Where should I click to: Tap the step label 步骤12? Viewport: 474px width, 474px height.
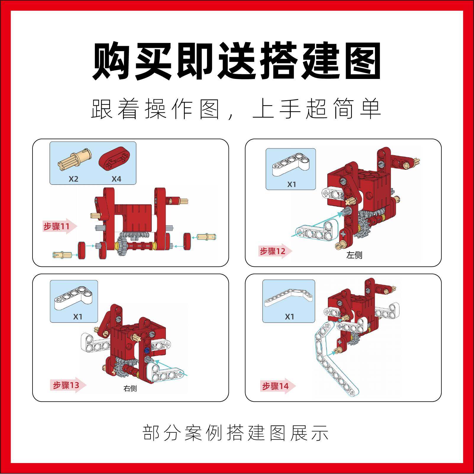[272, 251]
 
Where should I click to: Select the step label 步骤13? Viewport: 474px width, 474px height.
[66, 385]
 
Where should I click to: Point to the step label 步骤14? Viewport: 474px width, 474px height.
[275, 386]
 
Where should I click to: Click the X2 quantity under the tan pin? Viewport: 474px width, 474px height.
[73, 179]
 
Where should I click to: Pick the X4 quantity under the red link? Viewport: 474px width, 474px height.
[116, 179]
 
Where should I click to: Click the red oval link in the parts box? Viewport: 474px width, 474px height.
[116, 158]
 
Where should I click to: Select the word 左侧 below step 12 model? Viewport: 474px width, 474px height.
[354, 255]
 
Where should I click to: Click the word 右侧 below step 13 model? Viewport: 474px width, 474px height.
[130, 388]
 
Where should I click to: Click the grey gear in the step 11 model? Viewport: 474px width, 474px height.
[122, 245]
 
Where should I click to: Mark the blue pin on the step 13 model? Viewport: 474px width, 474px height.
[146, 351]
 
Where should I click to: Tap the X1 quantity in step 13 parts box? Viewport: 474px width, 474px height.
[78, 317]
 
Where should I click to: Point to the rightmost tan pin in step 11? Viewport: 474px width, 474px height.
[207, 237]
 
